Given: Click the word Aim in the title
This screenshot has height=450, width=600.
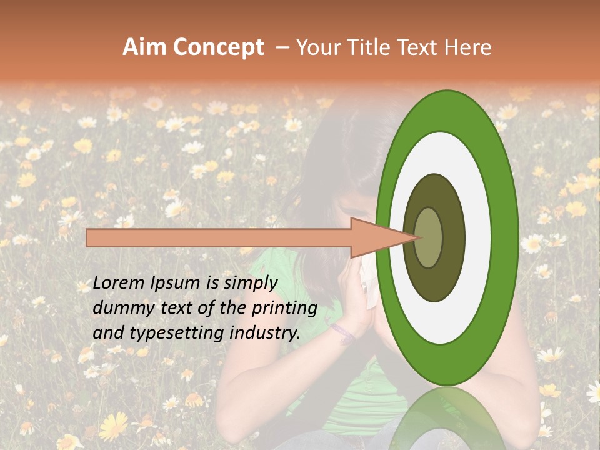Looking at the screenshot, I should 145,47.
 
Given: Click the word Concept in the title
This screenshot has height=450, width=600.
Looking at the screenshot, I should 217,47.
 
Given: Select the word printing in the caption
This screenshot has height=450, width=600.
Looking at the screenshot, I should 284,308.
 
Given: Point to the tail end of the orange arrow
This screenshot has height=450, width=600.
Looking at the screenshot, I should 88,237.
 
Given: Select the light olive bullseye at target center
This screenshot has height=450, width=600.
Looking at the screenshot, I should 429,237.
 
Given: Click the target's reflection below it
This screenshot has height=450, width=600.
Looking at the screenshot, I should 446,419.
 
